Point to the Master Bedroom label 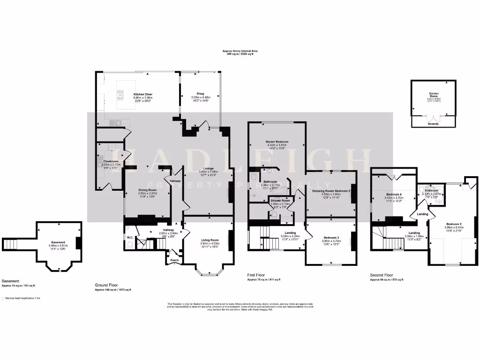(277, 142)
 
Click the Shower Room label (280, 201)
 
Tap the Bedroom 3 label (330, 238)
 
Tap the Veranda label (434, 125)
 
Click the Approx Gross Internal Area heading (240, 51)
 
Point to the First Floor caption (257, 275)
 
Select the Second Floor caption (382, 275)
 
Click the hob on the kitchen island (120, 96)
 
